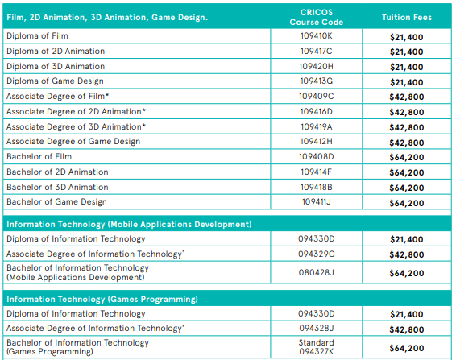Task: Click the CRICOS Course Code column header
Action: [x=317, y=17]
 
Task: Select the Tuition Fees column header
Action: [x=407, y=17]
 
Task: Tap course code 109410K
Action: [x=317, y=35]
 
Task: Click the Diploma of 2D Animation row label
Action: [x=56, y=52]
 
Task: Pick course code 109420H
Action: [x=317, y=66]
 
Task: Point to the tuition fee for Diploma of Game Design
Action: [x=407, y=82]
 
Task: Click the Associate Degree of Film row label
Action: [x=57, y=97]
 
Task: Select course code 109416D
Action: [x=317, y=112]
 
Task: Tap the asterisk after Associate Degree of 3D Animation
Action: [x=143, y=126]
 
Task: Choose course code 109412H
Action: [x=317, y=141]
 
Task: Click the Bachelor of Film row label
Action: [x=39, y=157]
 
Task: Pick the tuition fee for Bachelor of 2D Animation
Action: [x=407, y=172]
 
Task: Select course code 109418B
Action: [x=317, y=188]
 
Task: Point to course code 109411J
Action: [x=317, y=202]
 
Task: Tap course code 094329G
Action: [x=317, y=254]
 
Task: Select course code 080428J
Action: [x=317, y=272]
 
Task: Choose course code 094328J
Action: [x=317, y=329]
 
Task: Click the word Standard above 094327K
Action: [x=317, y=342]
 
